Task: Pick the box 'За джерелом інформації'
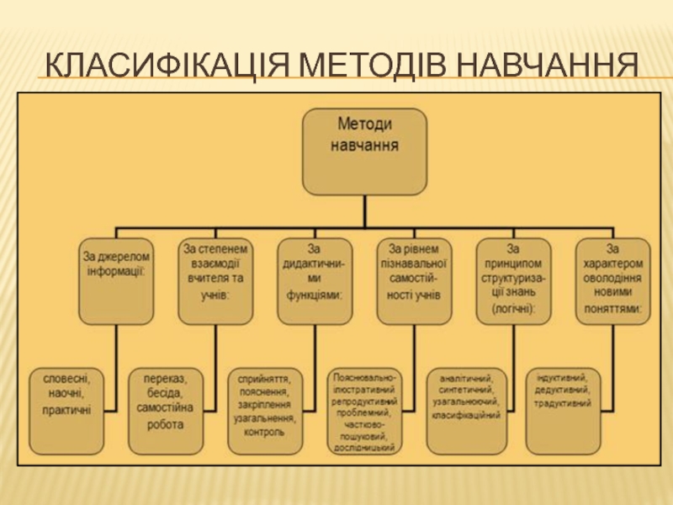click(x=117, y=282)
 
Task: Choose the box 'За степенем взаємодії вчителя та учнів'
click(x=215, y=282)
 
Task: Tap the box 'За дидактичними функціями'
click(x=314, y=282)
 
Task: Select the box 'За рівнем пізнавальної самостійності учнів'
click(x=413, y=282)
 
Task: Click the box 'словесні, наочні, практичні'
click(x=67, y=407)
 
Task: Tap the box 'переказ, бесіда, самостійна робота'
click(x=165, y=407)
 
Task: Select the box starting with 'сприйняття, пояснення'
click(x=265, y=407)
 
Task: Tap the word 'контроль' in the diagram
click(x=265, y=431)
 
